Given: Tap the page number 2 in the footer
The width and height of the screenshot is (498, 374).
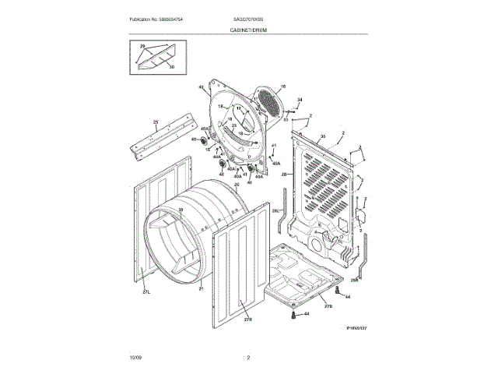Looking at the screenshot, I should pyautogui.click(x=247, y=357).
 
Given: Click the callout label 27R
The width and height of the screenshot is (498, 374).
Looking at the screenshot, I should pyautogui.click(x=248, y=319).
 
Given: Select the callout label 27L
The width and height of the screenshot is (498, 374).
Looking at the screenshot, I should pyautogui.click(x=146, y=291).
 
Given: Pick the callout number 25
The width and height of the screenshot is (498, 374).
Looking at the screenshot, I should pyautogui.click(x=155, y=122).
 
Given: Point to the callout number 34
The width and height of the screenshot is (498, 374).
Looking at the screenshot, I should pyautogui.click(x=300, y=100).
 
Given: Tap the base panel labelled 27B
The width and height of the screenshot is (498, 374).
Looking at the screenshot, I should pyautogui.click(x=300, y=277).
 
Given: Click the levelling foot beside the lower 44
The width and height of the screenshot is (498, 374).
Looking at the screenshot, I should pyautogui.click(x=293, y=318).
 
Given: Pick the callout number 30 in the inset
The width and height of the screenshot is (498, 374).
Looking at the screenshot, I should pyautogui.click(x=171, y=67).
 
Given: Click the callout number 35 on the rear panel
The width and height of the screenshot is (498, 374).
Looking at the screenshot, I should pyautogui.click(x=321, y=136).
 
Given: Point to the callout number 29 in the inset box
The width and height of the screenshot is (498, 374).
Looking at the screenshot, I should pyautogui.click(x=142, y=47).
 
